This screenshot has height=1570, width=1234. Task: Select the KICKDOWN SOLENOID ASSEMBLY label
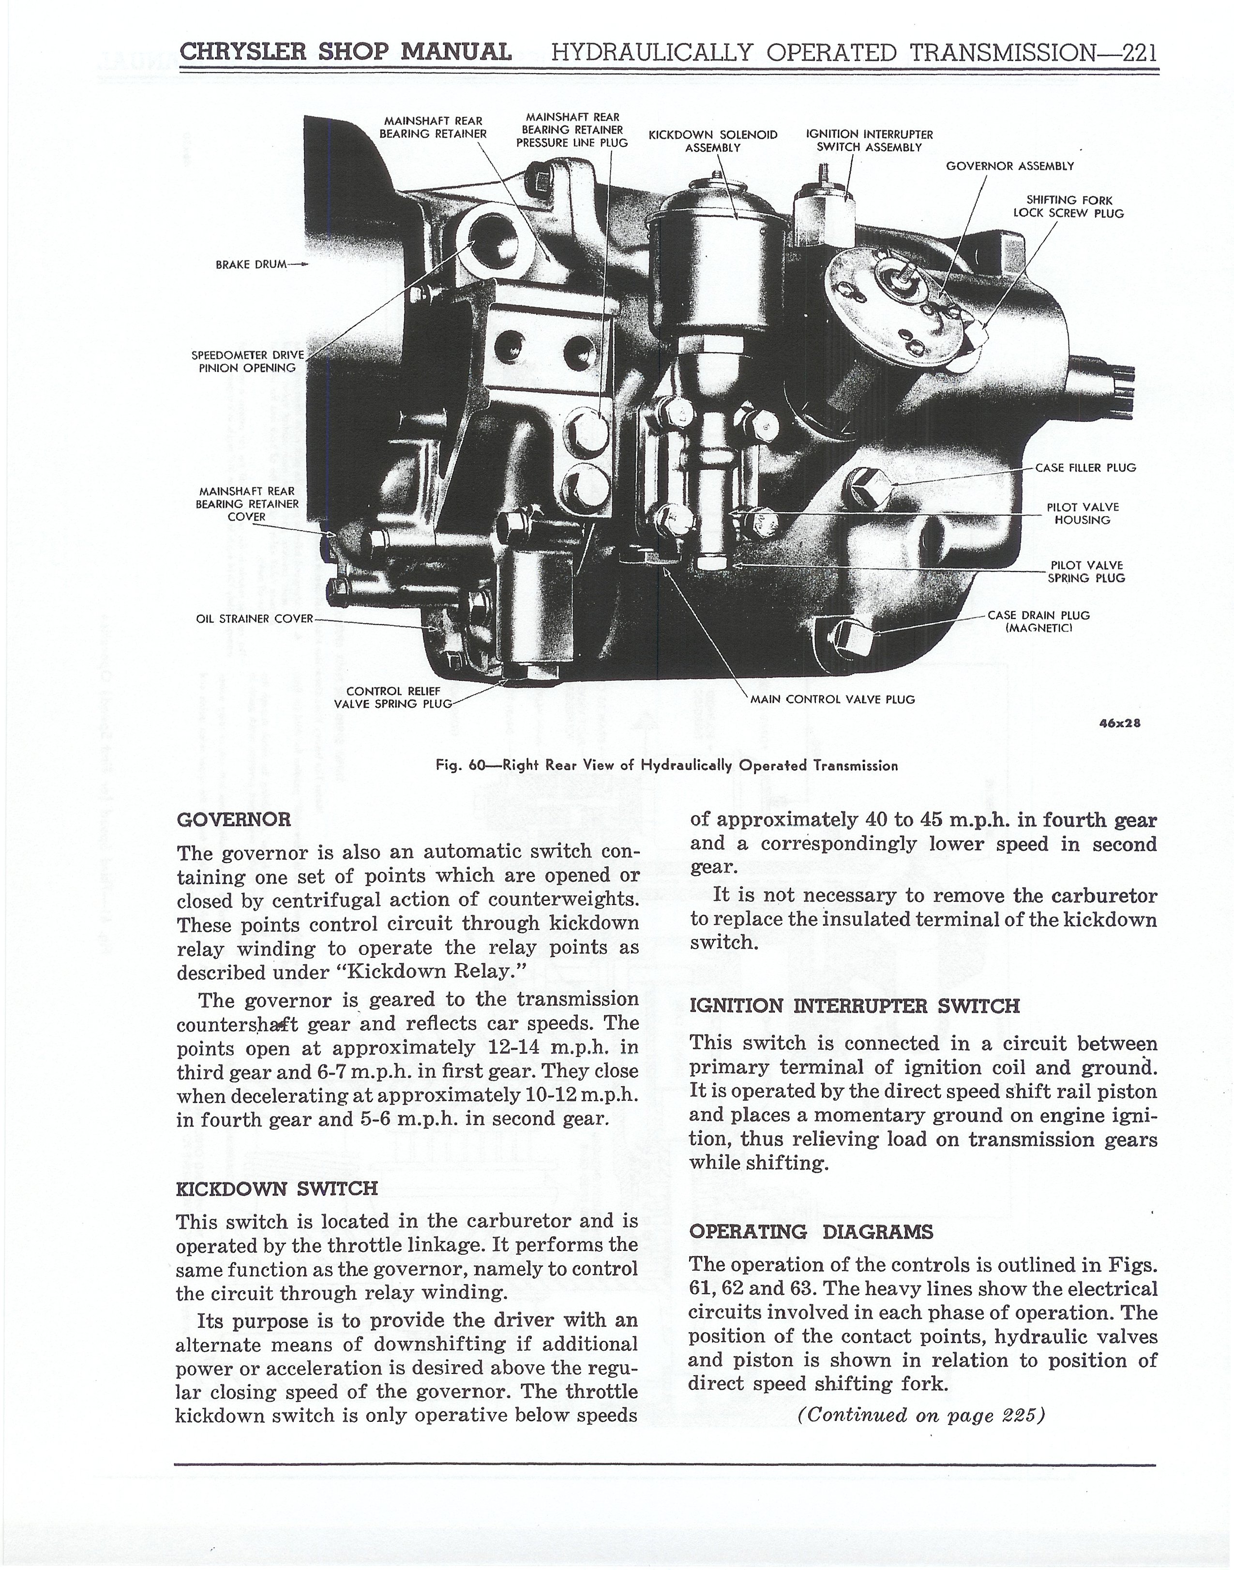click(x=713, y=141)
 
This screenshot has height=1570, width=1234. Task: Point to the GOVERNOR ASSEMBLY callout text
click(x=1010, y=166)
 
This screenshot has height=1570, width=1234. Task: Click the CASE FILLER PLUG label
click(x=1086, y=468)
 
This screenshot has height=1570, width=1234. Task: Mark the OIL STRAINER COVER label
click(x=255, y=619)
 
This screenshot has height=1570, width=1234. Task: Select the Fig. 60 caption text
click(x=667, y=766)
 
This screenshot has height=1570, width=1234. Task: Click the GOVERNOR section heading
click(x=233, y=820)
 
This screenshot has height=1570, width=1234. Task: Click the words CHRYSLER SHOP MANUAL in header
click(x=346, y=52)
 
